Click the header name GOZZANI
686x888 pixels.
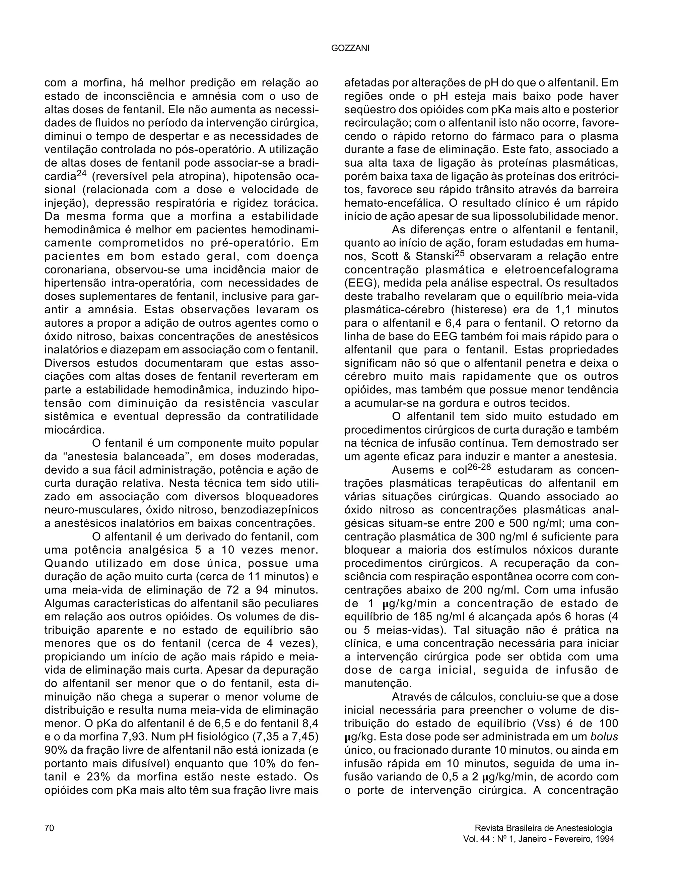click(x=350, y=48)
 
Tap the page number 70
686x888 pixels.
click(x=49, y=828)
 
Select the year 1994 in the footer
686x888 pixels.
click(x=604, y=838)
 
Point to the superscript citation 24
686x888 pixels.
click(x=82, y=173)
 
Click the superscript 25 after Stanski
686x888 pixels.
click(x=459, y=253)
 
